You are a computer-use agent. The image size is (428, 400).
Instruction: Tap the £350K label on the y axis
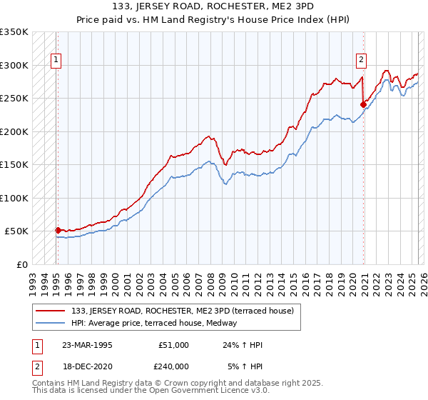tap(14, 32)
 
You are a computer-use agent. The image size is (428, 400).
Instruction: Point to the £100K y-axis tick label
tap(14, 198)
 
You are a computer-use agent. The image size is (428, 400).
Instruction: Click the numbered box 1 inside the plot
tap(56, 60)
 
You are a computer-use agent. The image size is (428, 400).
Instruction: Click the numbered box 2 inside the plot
tap(362, 60)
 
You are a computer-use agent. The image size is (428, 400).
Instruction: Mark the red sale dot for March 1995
tap(58, 230)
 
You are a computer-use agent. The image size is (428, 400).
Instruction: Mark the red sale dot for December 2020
tap(363, 105)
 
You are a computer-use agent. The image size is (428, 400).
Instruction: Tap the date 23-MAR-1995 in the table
tap(88, 344)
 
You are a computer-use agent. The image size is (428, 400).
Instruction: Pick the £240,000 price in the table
tap(173, 366)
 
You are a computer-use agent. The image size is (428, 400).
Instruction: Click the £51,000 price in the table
tap(173, 344)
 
